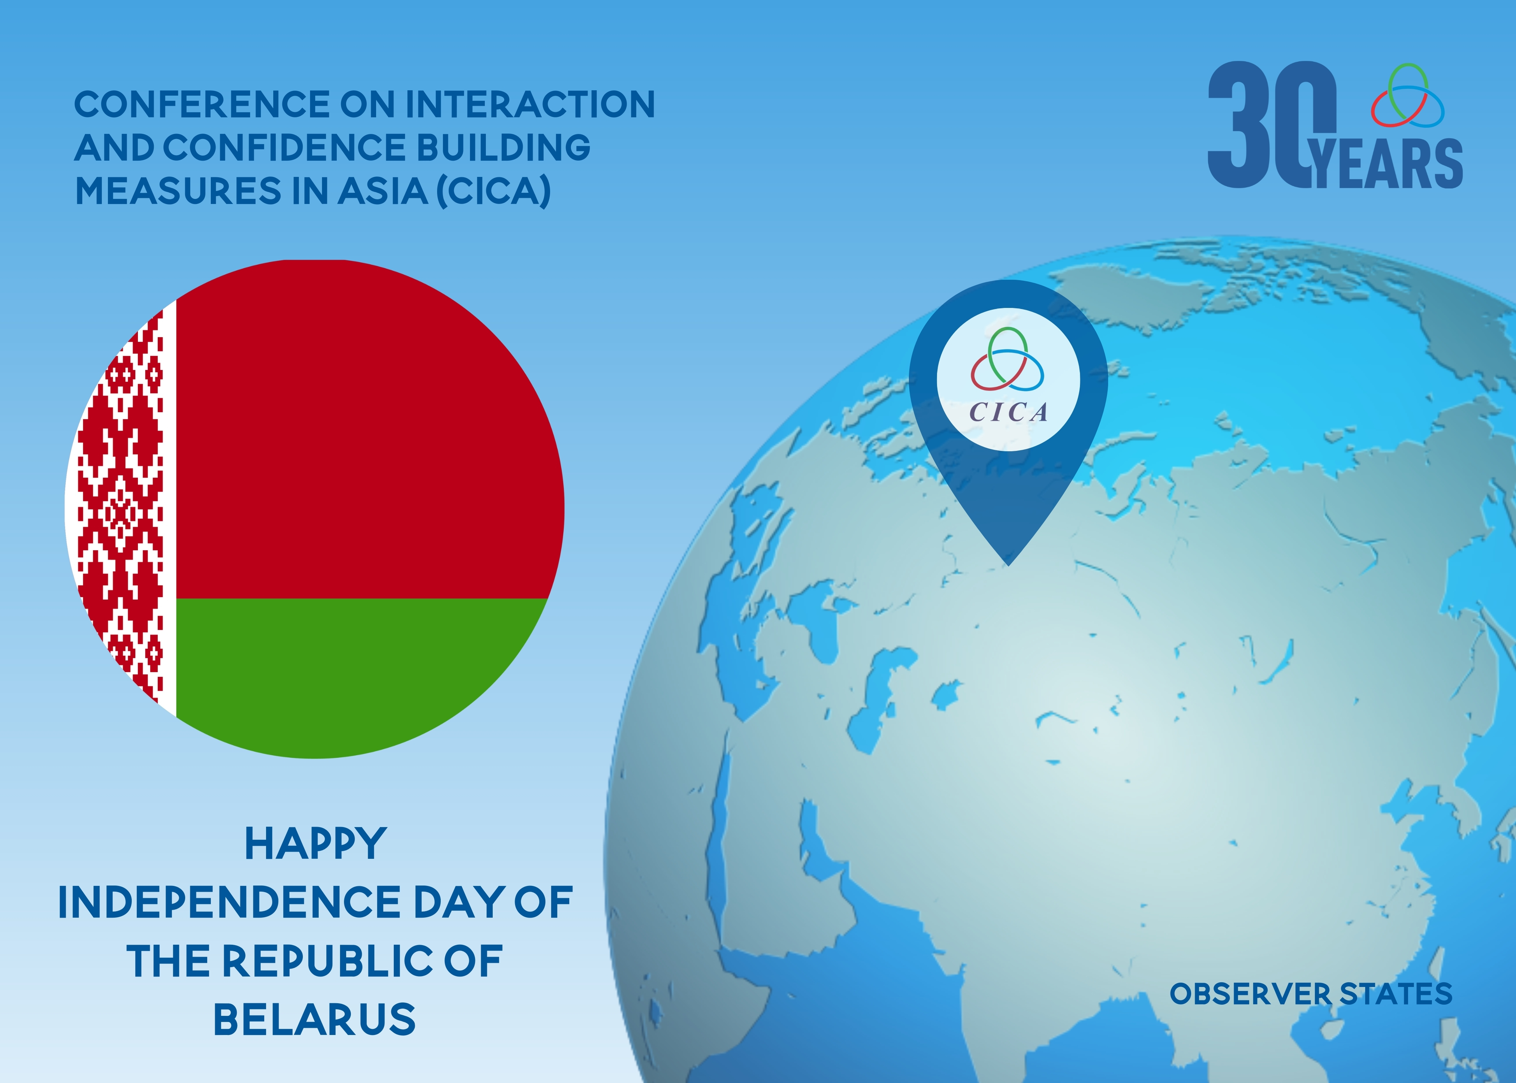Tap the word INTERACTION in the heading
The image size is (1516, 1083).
530,105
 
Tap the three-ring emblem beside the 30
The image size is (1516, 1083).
1407,95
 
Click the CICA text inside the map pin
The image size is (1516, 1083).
1008,412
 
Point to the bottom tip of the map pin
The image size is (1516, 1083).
1009,566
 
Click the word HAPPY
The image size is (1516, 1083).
315,844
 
